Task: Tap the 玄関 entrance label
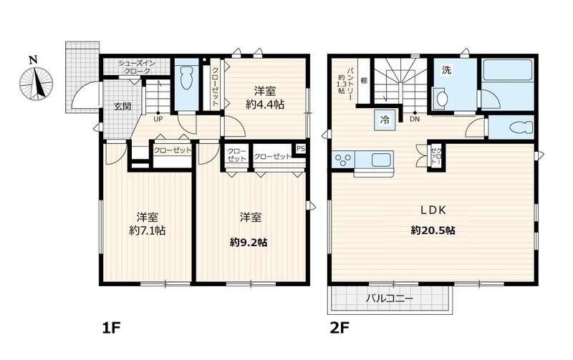point(122,107)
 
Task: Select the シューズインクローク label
point(136,67)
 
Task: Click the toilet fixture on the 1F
point(186,78)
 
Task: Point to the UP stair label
point(158,119)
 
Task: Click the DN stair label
point(415,119)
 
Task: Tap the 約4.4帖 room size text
point(265,104)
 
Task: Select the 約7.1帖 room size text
point(148,230)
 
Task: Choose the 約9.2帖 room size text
point(249,242)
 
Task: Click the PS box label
point(300,149)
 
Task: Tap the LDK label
point(433,210)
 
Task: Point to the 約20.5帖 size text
point(433,230)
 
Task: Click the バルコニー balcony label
point(390,298)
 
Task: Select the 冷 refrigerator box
point(385,120)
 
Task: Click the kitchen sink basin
point(382,160)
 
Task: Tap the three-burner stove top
point(343,160)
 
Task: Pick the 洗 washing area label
point(446,70)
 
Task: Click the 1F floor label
point(111,328)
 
